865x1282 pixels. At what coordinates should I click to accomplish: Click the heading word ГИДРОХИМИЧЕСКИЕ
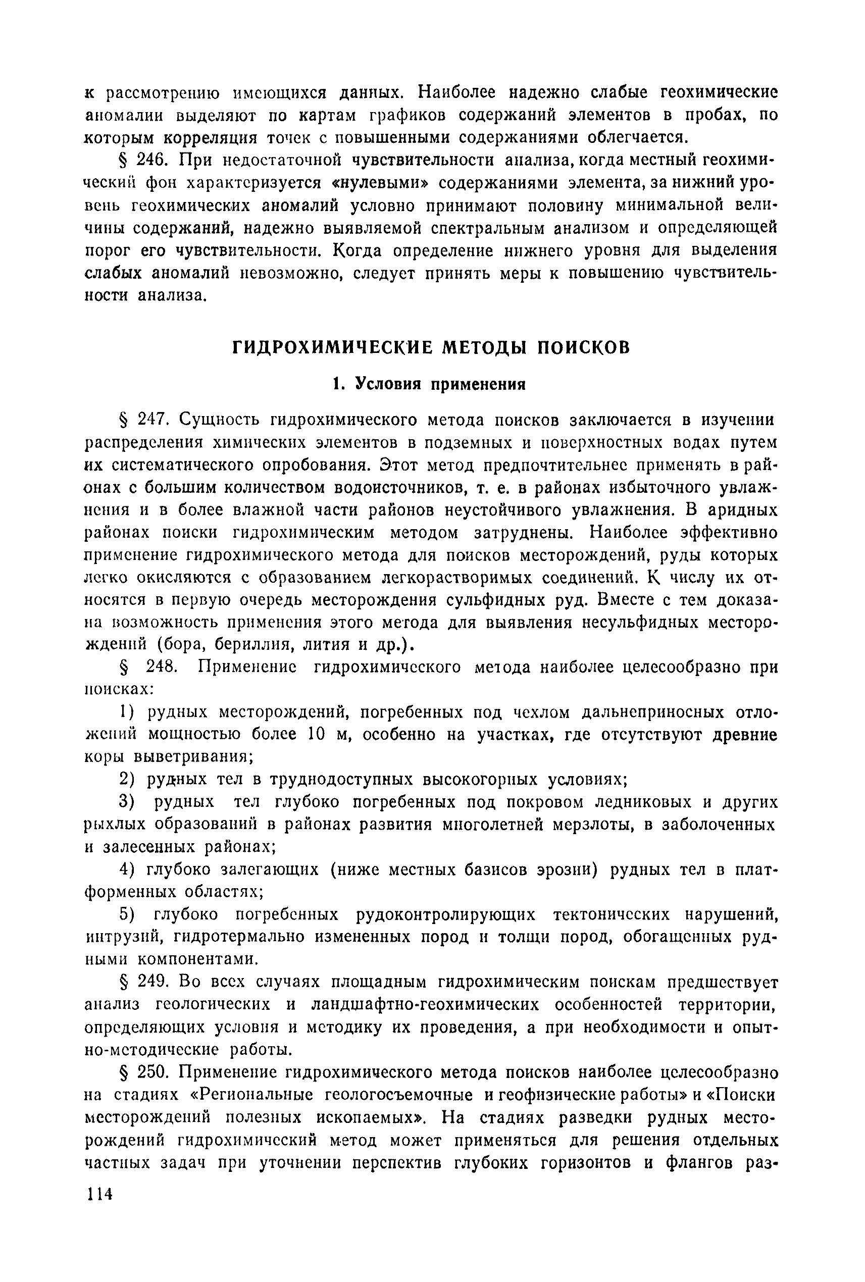(331, 347)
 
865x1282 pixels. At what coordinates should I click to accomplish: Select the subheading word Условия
(389, 384)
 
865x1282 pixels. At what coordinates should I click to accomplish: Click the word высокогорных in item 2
(481, 780)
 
